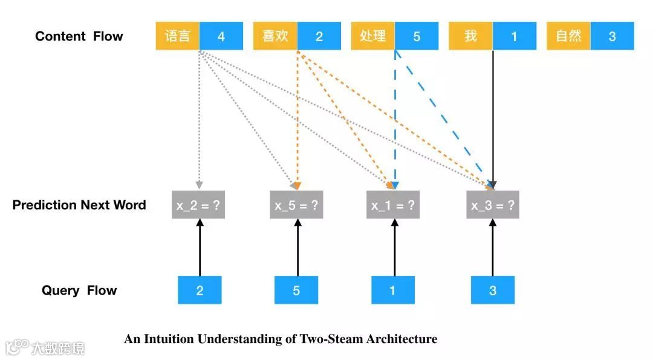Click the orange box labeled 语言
click(x=178, y=36)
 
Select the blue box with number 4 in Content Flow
click(x=221, y=36)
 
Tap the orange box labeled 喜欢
click(x=275, y=36)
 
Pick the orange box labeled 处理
click(x=373, y=36)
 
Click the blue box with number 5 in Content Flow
click(x=417, y=36)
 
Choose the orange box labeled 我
click(x=470, y=36)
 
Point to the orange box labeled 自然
click(x=568, y=36)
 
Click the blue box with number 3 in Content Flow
click(x=612, y=36)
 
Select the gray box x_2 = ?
click(x=198, y=206)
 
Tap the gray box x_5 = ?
click(x=296, y=206)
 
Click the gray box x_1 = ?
click(x=393, y=206)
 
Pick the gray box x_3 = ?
click(x=493, y=206)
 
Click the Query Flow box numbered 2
click(x=200, y=290)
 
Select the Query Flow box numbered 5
click(x=296, y=290)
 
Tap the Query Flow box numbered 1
click(x=393, y=290)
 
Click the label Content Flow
click(x=79, y=36)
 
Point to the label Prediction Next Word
click(x=79, y=205)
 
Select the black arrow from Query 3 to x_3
click(x=493, y=248)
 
